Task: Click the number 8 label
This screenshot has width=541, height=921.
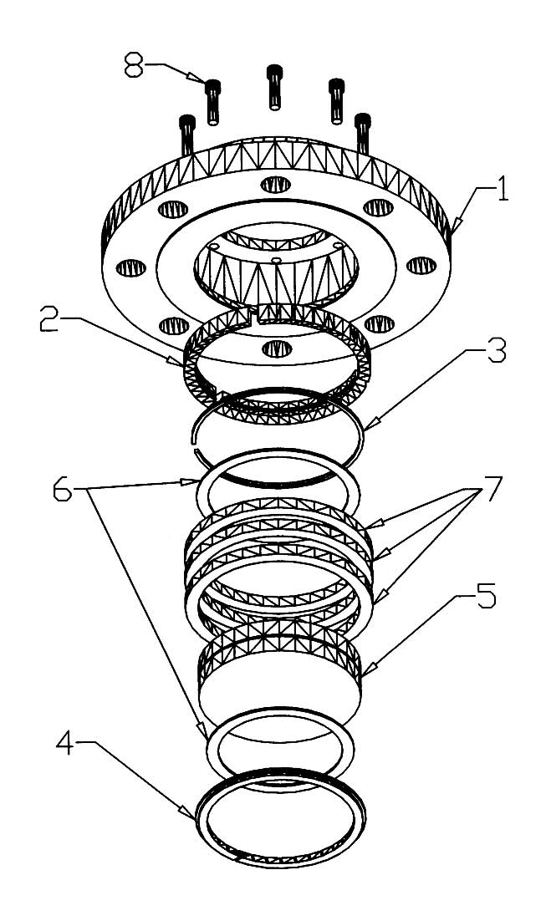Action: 133,65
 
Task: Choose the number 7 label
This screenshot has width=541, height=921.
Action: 492,487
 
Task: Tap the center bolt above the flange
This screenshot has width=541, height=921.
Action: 274,87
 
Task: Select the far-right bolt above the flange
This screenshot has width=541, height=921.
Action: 363,134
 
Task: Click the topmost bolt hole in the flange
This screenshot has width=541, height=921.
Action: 273,185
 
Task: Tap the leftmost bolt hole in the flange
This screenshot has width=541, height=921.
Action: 130,268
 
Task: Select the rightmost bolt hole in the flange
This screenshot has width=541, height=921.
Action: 421,266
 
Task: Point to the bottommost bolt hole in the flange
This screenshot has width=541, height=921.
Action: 277,349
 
